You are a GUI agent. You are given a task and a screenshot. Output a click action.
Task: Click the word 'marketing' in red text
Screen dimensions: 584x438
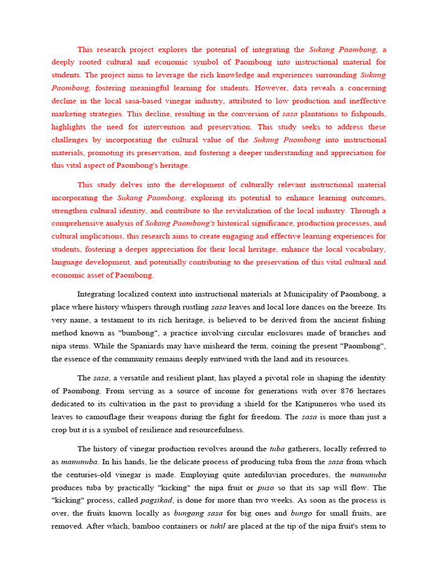point(70,113)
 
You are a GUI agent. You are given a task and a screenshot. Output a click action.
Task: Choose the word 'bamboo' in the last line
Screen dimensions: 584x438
point(147,526)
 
